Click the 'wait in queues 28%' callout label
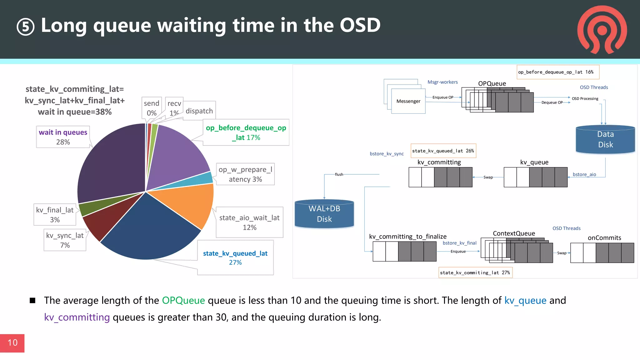63,137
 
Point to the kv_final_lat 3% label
55,215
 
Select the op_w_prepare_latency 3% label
245,174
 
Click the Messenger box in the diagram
408,101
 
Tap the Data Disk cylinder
605,139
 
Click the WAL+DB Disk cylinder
324,214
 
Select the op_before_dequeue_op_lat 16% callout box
558,72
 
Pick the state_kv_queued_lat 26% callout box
443,151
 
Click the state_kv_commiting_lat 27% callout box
475,272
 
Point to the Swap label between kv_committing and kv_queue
488,177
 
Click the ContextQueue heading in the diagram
514,233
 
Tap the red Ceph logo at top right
602,30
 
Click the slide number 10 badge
12,343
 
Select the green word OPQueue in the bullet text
183,300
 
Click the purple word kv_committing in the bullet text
77,317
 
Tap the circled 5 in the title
25,27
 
